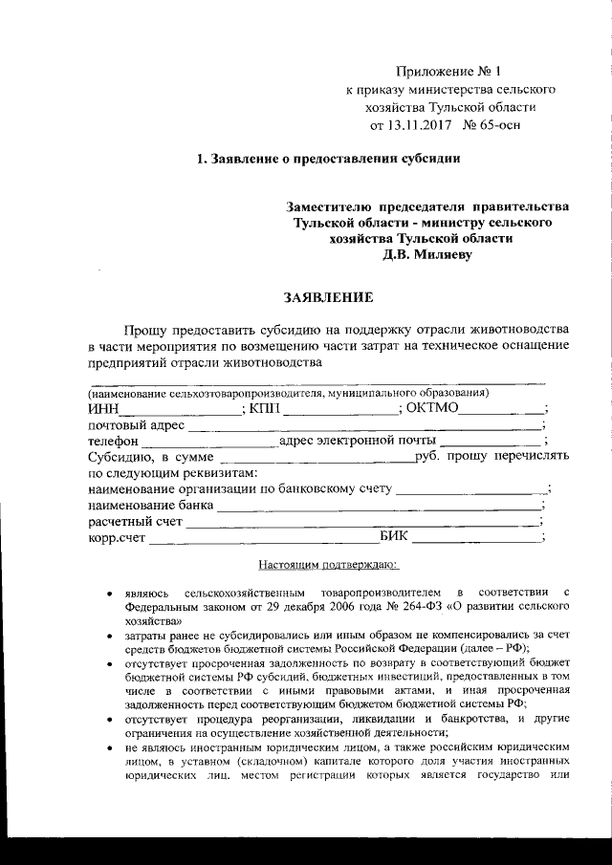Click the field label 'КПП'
[x=265, y=409]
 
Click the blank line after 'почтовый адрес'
[x=364, y=429]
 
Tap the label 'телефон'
[x=114, y=442]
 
